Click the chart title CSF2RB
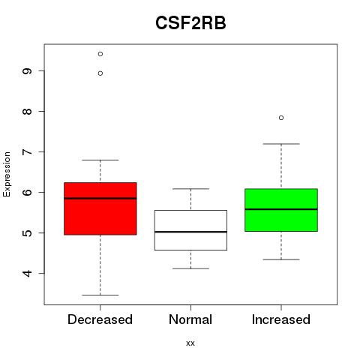click(x=190, y=23)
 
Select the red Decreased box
click(x=100, y=208)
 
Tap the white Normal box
click(x=190, y=230)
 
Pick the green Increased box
click(x=281, y=210)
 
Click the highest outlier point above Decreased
click(x=100, y=54)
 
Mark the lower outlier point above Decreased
click(x=100, y=73)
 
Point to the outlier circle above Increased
click(x=281, y=118)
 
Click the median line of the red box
click(x=100, y=198)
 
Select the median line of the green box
click(x=281, y=209)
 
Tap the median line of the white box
click(x=190, y=232)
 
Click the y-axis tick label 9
click(x=27, y=71)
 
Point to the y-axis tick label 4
click(x=27, y=274)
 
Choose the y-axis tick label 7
click(x=27, y=151)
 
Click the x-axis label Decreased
click(x=100, y=319)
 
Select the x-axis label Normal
click(x=190, y=319)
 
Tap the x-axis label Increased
click(x=281, y=319)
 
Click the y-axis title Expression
click(x=7, y=174)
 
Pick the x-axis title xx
click(x=190, y=343)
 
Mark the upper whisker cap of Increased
click(x=281, y=144)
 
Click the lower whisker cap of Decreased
click(x=100, y=295)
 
